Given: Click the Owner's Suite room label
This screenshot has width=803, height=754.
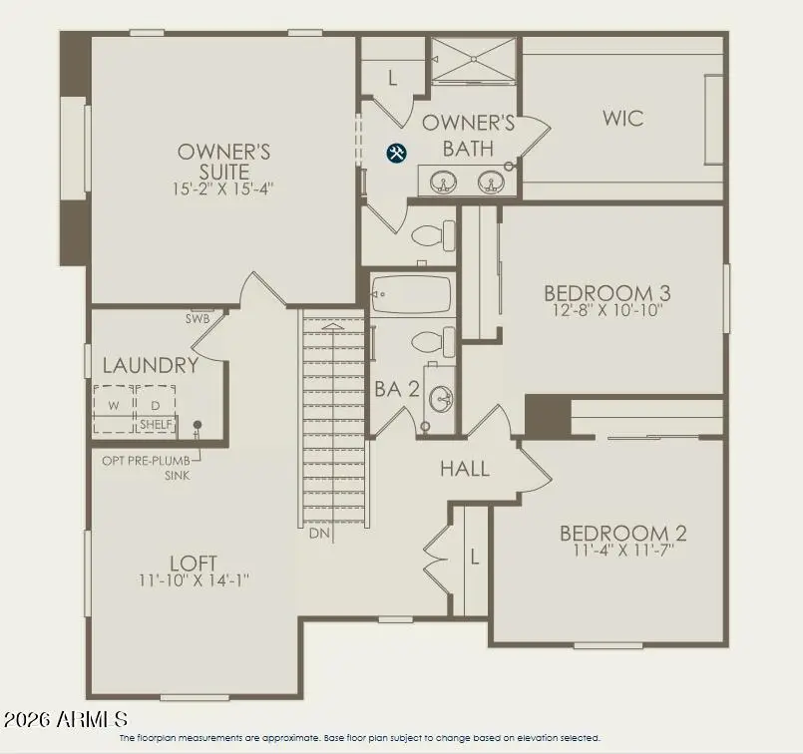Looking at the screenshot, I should click(224, 161).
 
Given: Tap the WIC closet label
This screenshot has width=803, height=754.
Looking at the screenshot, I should click(622, 119).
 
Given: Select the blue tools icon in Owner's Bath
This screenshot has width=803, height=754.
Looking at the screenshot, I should click(396, 153).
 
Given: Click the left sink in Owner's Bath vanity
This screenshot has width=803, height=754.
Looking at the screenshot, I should click(443, 182).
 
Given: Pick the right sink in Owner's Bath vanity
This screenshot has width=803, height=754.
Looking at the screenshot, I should click(489, 182).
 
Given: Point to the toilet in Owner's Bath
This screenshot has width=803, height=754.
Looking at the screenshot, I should click(432, 236).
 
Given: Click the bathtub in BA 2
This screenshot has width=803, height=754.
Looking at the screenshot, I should click(411, 295).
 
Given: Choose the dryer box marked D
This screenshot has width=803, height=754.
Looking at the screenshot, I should click(155, 407).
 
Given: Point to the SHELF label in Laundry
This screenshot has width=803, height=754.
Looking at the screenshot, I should click(156, 425).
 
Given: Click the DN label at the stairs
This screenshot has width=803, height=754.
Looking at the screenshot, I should click(319, 534).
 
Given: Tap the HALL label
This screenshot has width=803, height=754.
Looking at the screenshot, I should click(465, 468).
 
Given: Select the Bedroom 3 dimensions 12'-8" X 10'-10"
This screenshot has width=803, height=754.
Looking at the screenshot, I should click(606, 310).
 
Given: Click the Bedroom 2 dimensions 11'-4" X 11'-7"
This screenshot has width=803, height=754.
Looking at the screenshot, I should click(622, 550).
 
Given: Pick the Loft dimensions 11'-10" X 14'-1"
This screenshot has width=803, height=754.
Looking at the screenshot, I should click(194, 579).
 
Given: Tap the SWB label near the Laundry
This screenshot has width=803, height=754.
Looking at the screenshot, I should click(197, 319).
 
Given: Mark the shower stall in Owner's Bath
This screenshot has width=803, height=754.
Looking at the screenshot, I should click(474, 60).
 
